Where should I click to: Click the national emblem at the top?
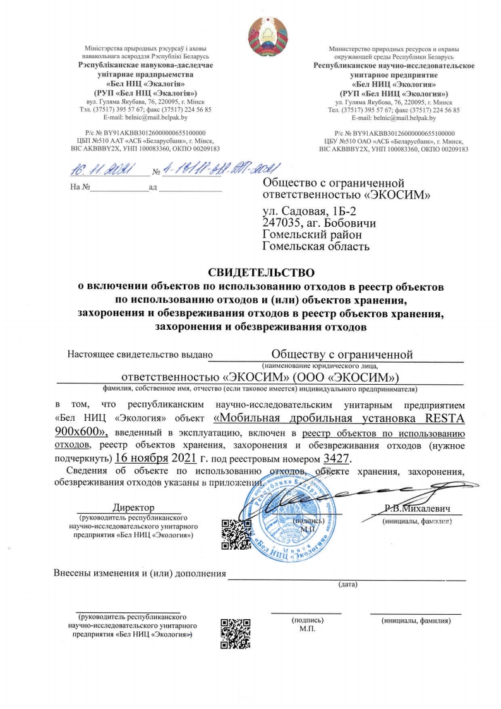[267, 35]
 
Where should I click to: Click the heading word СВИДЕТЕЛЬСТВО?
[261, 273]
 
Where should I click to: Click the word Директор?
[133, 507]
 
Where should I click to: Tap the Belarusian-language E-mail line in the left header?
[146, 118]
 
